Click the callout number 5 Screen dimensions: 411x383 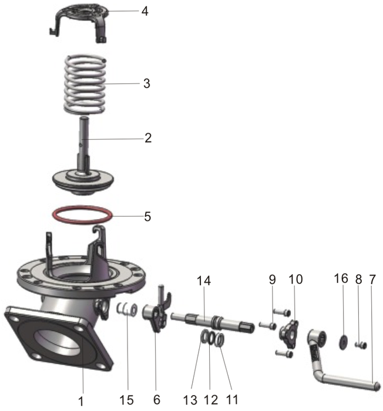[146, 216]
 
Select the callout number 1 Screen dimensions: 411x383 [82, 400]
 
